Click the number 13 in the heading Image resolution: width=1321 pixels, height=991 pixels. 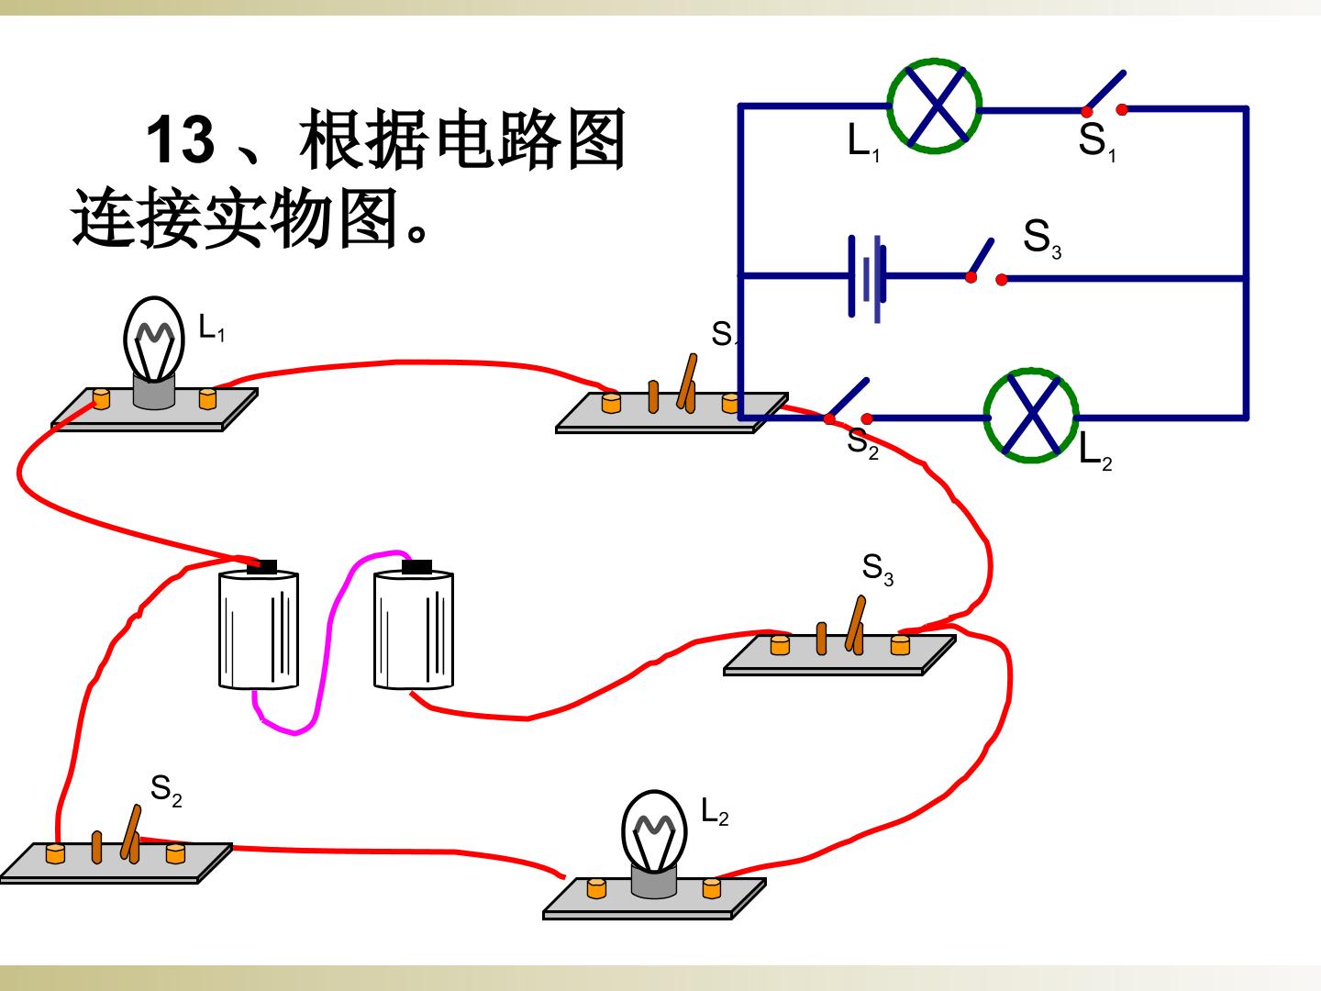point(181,139)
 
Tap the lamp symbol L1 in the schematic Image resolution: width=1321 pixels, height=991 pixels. point(935,106)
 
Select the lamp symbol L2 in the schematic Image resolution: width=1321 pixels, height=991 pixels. point(1031,415)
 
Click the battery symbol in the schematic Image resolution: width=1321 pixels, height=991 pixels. point(868,277)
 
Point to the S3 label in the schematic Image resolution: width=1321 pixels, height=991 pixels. point(1042,239)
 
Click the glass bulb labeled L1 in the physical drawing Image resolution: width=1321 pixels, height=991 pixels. point(154,340)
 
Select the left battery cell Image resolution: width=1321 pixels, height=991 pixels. point(259,626)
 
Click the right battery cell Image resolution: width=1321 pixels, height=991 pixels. point(414,626)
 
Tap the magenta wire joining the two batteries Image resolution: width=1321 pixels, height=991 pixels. point(326,644)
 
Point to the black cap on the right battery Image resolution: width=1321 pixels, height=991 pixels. point(417,567)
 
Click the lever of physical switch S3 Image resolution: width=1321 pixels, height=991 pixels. point(856,623)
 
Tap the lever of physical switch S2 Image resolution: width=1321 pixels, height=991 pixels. point(131,831)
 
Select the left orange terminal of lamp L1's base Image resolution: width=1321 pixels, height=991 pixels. point(101,398)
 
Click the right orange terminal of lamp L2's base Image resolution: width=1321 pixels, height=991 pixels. point(711,888)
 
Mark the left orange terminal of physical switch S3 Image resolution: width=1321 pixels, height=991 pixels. point(780,645)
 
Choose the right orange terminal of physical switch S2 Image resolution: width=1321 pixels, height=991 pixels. point(175,853)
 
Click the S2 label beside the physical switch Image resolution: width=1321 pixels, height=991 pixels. point(166,791)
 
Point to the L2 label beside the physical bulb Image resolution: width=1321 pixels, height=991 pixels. point(715,812)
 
